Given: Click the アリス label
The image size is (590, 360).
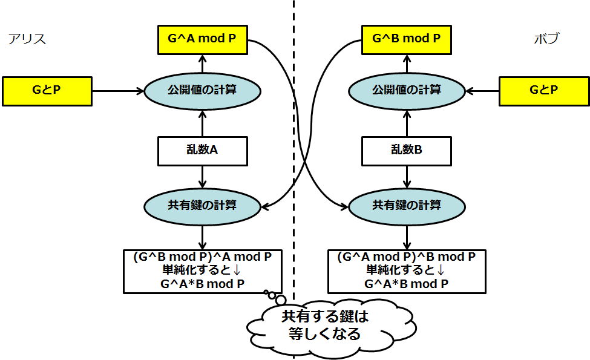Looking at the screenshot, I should tap(27, 39).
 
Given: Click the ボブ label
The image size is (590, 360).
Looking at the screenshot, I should tap(546, 39).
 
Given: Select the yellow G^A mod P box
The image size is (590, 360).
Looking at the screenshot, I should tap(202, 39).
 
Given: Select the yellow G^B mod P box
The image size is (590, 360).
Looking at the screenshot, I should tap(406, 39).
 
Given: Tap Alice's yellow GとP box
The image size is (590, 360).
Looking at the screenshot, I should tap(47, 91).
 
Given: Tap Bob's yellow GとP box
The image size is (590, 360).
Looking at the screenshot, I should tap(543, 91).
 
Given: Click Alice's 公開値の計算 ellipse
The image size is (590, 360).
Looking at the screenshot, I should tap(202, 91).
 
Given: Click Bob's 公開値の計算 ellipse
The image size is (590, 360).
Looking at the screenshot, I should tap(406, 91).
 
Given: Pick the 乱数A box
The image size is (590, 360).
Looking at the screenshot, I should tap(202, 151).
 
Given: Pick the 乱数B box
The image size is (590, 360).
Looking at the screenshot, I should tap(406, 151).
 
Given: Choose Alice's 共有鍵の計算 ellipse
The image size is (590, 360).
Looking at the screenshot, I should tap(202, 205).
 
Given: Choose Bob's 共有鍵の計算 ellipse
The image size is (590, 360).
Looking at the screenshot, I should tap(406, 205).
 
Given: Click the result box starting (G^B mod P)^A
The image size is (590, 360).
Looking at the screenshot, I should tap(202, 270).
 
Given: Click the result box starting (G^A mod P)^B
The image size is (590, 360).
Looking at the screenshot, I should tap(406, 270).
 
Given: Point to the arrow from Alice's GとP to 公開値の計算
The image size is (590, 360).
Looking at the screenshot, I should tap(118, 91).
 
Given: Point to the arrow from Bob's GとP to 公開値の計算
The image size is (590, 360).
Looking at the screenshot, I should tap(482, 91).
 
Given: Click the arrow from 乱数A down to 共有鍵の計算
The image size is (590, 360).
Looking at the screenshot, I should tap(202, 177).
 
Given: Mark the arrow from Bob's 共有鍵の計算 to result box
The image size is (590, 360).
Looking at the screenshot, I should tap(406, 235).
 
